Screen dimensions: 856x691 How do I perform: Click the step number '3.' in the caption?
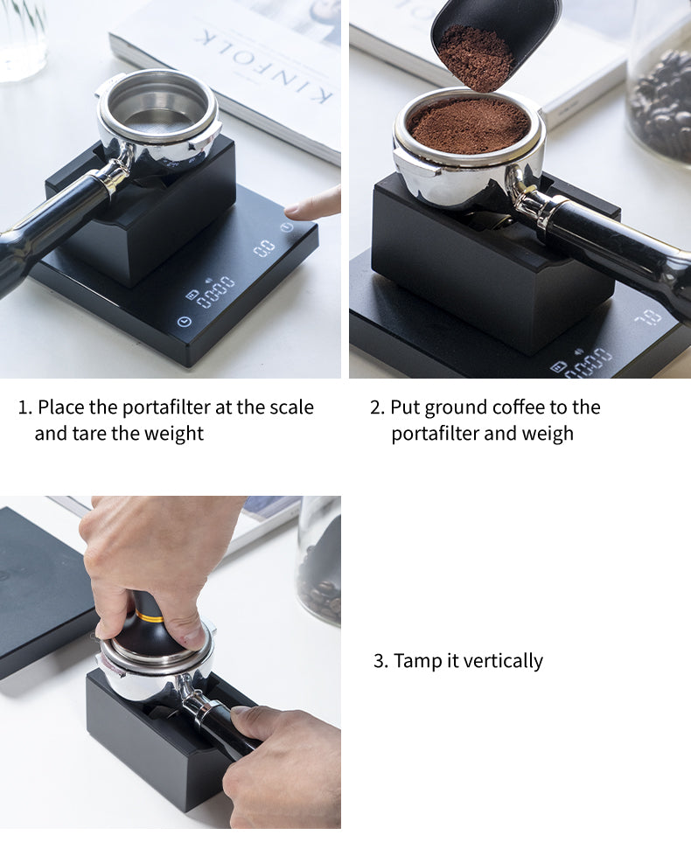[380, 661]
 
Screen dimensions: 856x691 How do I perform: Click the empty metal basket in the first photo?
[157, 107]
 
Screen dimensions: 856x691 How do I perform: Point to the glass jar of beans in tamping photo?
[318, 560]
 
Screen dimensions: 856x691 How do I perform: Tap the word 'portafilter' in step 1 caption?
[171, 407]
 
